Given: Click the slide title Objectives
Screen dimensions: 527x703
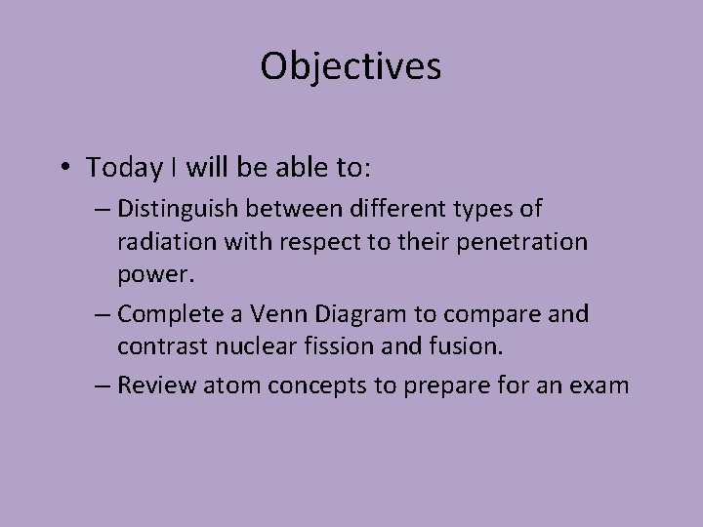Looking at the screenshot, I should (351, 66).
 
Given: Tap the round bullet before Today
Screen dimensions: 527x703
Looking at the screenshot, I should (62, 168).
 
